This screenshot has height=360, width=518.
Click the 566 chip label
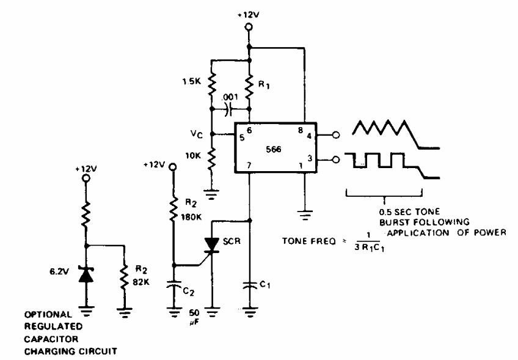click(x=274, y=149)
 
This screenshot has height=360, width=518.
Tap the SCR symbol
click(x=211, y=245)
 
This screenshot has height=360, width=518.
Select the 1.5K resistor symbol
click(x=212, y=84)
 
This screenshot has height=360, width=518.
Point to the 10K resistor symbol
click(x=212, y=158)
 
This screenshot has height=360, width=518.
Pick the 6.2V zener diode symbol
click(x=86, y=274)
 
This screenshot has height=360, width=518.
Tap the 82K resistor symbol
click(x=125, y=277)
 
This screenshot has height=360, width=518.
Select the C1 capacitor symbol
click(x=250, y=285)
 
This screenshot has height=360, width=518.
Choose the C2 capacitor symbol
click(x=173, y=285)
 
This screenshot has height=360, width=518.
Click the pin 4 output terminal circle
click(x=336, y=135)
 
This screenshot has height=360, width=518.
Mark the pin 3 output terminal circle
click(x=336, y=160)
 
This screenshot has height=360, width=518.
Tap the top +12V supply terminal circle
click(x=249, y=27)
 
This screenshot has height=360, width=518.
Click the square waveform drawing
click(x=392, y=165)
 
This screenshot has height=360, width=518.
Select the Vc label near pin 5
click(x=197, y=134)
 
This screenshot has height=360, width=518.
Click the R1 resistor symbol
click(x=250, y=87)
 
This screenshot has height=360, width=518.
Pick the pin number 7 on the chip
click(x=249, y=165)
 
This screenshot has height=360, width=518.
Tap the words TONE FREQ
click(x=309, y=241)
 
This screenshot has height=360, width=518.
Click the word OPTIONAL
click(x=48, y=314)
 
